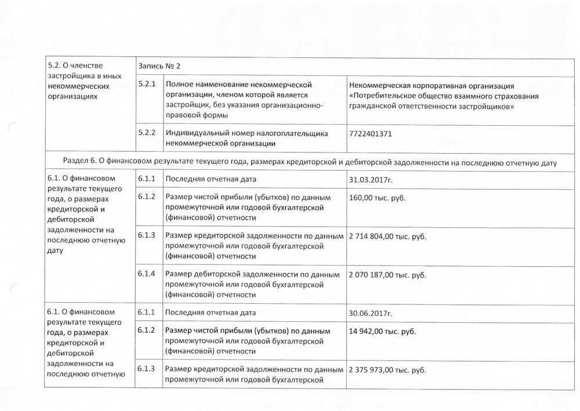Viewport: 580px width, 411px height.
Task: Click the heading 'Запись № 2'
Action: [159, 67]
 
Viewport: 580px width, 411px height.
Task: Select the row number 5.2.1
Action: [148, 85]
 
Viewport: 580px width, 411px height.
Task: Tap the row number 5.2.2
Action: [148, 133]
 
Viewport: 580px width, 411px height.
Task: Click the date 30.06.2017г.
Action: [371, 314]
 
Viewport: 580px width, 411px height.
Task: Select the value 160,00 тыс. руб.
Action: [377, 198]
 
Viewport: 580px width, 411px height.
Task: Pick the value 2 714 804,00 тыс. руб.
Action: [387, 236]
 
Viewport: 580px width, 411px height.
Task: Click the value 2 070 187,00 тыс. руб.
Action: [387, 275]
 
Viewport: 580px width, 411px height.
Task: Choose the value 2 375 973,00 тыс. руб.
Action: [387, 369]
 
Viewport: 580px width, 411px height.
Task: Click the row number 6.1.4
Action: [147, 274]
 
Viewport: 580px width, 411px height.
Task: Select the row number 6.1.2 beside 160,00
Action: [147, 197]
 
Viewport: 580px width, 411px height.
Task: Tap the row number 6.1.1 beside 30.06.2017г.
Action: [147, 313]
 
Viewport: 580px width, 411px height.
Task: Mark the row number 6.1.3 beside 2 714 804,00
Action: [147, 235]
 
